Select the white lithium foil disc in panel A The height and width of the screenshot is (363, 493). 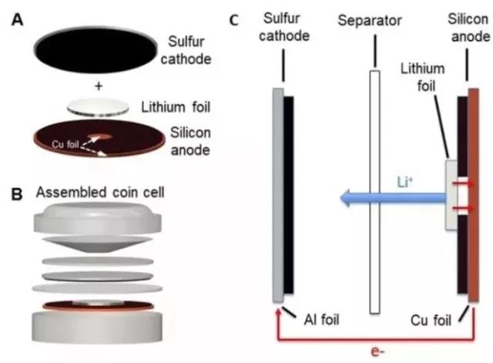99,109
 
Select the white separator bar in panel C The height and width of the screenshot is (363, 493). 375,193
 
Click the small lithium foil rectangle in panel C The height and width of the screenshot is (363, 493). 451,194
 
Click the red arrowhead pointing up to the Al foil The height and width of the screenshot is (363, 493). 278,311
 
